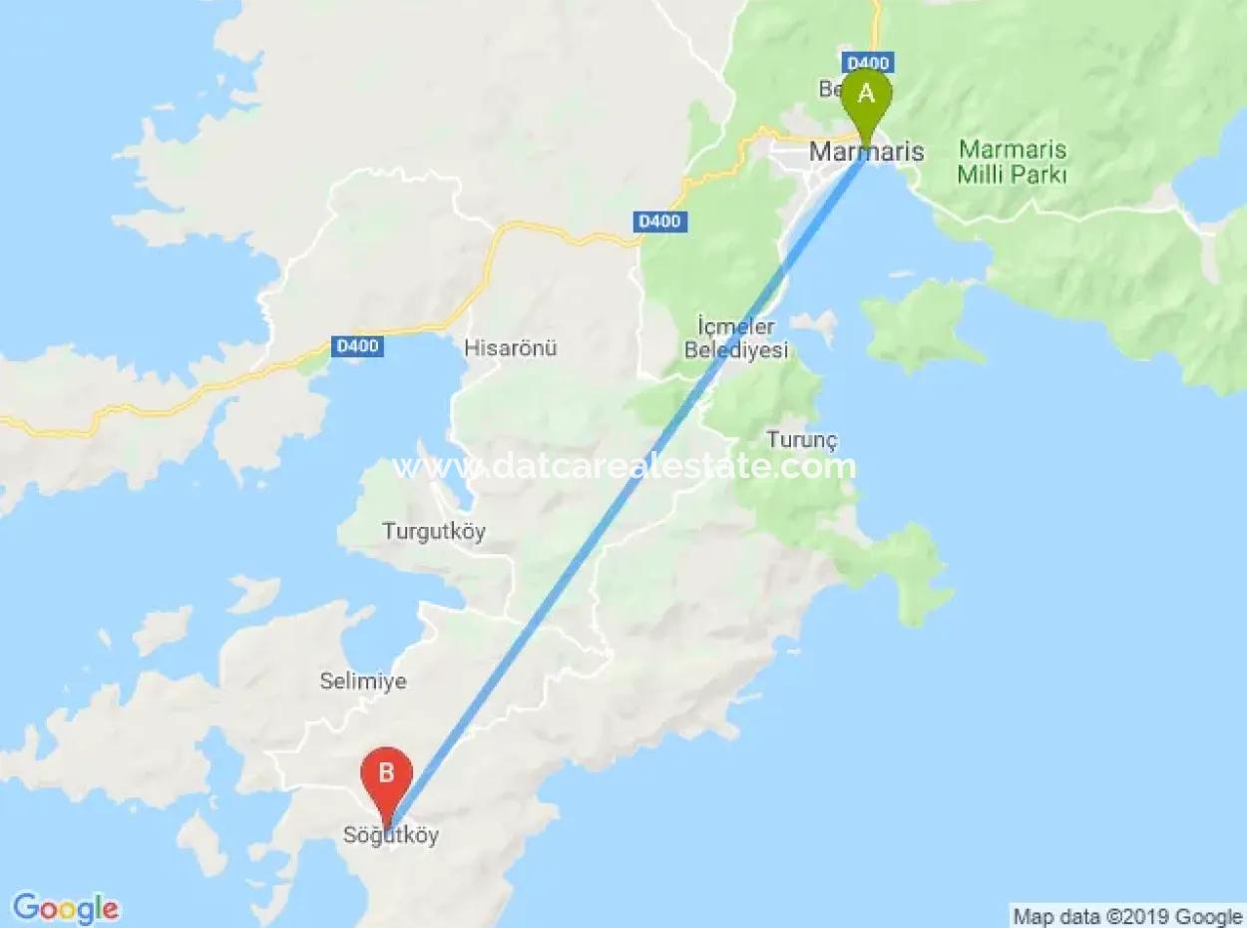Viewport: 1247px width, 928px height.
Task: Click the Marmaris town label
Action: coord(866,152)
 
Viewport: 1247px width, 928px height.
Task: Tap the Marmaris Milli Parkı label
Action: coord(1013,163)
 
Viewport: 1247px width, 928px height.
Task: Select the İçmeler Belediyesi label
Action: coord(742,338)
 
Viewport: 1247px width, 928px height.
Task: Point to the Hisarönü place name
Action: coord(510,348)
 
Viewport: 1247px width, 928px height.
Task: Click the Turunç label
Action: coord(802,439)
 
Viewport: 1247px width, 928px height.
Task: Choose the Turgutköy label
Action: coord(434,531)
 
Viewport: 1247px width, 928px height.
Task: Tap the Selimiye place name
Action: coord(363,682)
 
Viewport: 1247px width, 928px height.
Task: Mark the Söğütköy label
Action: coord(390,836)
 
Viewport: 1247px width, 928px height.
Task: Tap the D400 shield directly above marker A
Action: coord(866,62)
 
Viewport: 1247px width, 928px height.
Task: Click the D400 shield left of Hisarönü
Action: coord(357,346)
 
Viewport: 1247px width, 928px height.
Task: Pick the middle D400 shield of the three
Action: coord(660,221)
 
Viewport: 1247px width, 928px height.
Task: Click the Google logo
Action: coord(66,908)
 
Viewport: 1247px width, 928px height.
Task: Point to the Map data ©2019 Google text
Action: coord(1127,916)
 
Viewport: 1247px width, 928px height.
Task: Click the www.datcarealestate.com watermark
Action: coord(624,466)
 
